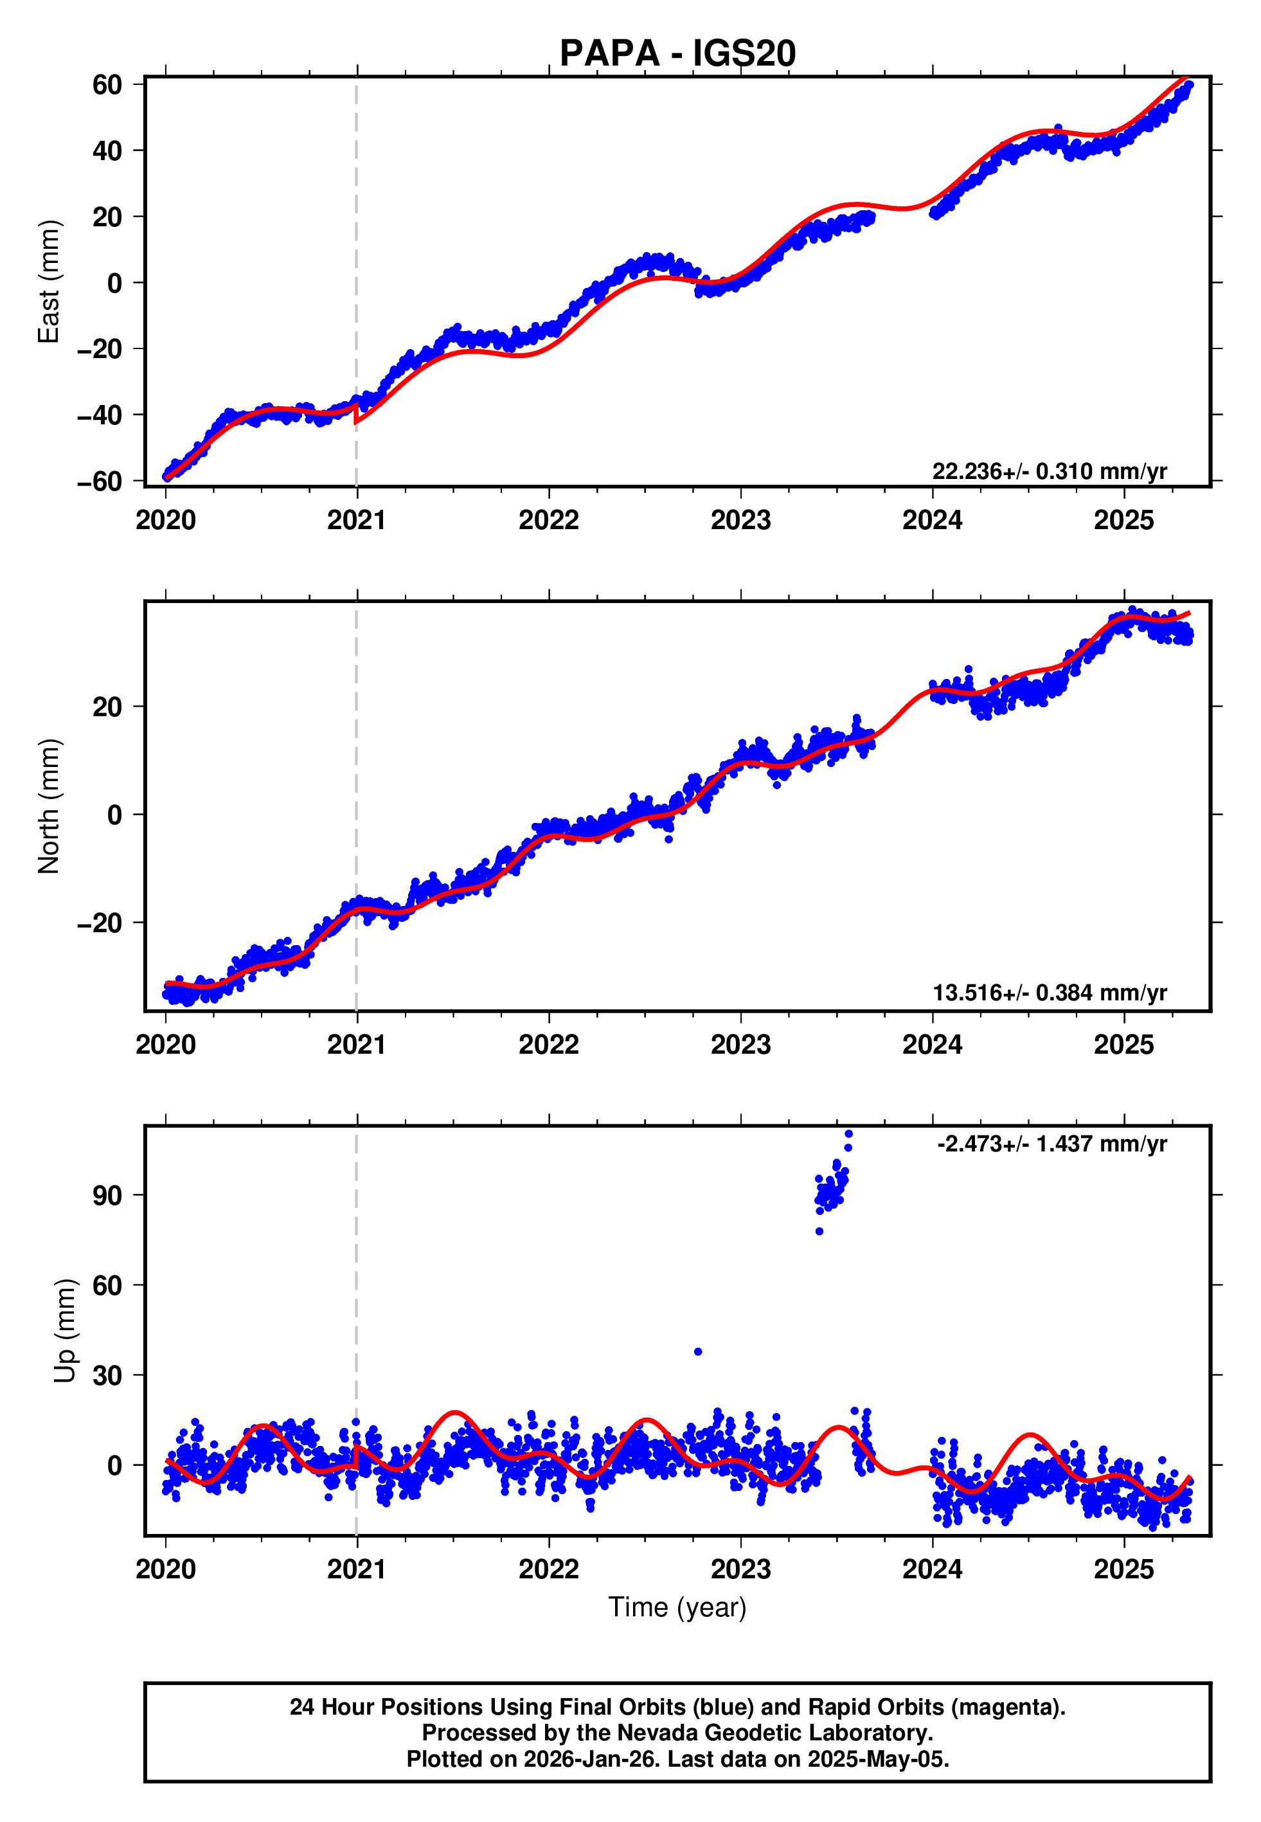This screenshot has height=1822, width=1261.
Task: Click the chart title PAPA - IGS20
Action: pyautogui.click(x=677, y=54)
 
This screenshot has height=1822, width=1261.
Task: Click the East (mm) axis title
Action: pyautogui.click(x=49, y=282)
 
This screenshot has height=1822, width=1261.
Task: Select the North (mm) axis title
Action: pyautogui.click(x=49, y=806)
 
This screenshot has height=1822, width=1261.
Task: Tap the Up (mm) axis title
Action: pyautogui.click(x=65, y=1331)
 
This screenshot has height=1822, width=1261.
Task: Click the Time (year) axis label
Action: pyautogui.click(x=677, y=1607)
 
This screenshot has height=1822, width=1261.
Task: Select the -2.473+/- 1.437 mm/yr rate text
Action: pyautogui.click(x=1051, y=1144)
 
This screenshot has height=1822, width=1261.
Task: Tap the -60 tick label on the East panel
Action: pyautogui.click(x=100, y=481)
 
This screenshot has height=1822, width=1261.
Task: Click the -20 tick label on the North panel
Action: pyautogui.click(x=100, y=923)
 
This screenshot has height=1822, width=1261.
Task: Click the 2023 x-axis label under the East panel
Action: pyautogui.click(x=740, y=520)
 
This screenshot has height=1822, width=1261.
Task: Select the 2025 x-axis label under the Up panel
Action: pyautogui.click(x=1123, y=1569)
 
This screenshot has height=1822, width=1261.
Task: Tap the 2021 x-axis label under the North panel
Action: pyautogui.click(x=356, y=1045)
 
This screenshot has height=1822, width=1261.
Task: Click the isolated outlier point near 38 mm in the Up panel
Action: pyautogui.click(x=697, y=1352)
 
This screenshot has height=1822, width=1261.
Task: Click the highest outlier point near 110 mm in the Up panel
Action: pyautogui.click(x=848, y=1134)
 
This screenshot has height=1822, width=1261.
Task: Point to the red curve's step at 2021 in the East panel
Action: pyautogui.click(x=355, y=413)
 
